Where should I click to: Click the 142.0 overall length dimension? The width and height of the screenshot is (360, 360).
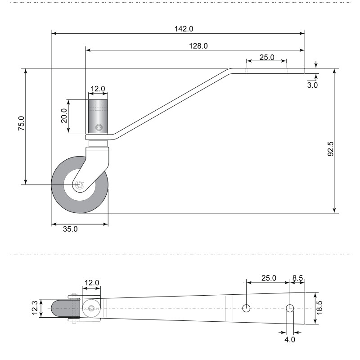(x=184, y=29)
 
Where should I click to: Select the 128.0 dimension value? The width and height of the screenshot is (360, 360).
(x=198, y=46)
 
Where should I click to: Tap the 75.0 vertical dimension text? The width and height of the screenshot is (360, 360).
(x=21, y=123)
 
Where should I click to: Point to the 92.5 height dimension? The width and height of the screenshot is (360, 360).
(x=330, y=149)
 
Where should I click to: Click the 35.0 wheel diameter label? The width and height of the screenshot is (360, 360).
(x=70, y=229)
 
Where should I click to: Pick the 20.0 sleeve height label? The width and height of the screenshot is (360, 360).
(x=64, y=116)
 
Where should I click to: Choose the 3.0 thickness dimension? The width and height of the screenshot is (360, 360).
(x=312, y=85)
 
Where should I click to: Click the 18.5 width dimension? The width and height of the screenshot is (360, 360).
(x=319, y=308)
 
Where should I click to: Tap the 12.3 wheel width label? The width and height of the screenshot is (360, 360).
(x=35, y=308)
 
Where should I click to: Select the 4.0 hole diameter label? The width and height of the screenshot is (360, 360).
(x=290, y=339)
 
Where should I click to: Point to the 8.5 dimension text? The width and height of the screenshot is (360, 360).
(x=297, y=278)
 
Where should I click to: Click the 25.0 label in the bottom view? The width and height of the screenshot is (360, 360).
(x=269, y=278)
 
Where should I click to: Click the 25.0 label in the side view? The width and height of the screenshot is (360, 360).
(x=267, y=57)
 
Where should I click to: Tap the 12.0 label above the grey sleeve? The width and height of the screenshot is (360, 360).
(x=98, y=89)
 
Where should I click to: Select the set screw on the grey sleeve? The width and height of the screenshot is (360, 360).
(x=99, y=127)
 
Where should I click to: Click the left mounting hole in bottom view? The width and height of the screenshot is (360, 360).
(x=246, y=308)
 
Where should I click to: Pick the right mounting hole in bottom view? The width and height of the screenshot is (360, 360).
(x=290, y=308)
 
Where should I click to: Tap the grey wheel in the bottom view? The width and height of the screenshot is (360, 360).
(x=60, y=308)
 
